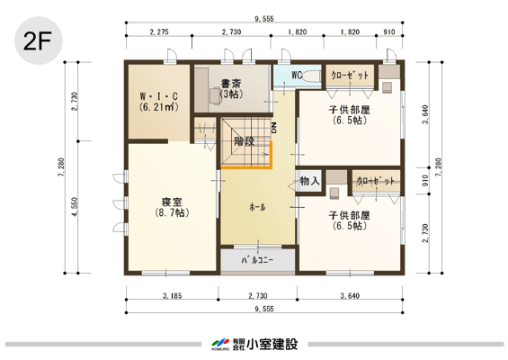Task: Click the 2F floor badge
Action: pos(39,40)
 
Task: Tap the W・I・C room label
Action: pos(159,96)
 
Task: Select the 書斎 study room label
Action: pos(231,84)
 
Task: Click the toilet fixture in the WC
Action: pos(312,76)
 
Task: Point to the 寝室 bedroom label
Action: pos(172,202)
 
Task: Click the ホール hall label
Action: pos(257,207)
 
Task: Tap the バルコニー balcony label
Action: pos(257,260)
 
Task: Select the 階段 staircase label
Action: pos(245,141)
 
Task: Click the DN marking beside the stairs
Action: pos(274,129)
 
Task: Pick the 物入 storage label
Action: pos(309,181)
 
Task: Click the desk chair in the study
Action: pos(216,95)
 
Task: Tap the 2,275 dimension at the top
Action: pos(159,31)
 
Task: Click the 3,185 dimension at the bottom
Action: pos(172,296)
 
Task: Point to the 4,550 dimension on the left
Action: pos(75,207)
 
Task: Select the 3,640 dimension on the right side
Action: pos(425,114)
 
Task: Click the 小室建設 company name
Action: pos(272,344)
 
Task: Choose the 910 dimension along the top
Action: pos(389,31)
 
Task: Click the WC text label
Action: pos(297,76)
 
